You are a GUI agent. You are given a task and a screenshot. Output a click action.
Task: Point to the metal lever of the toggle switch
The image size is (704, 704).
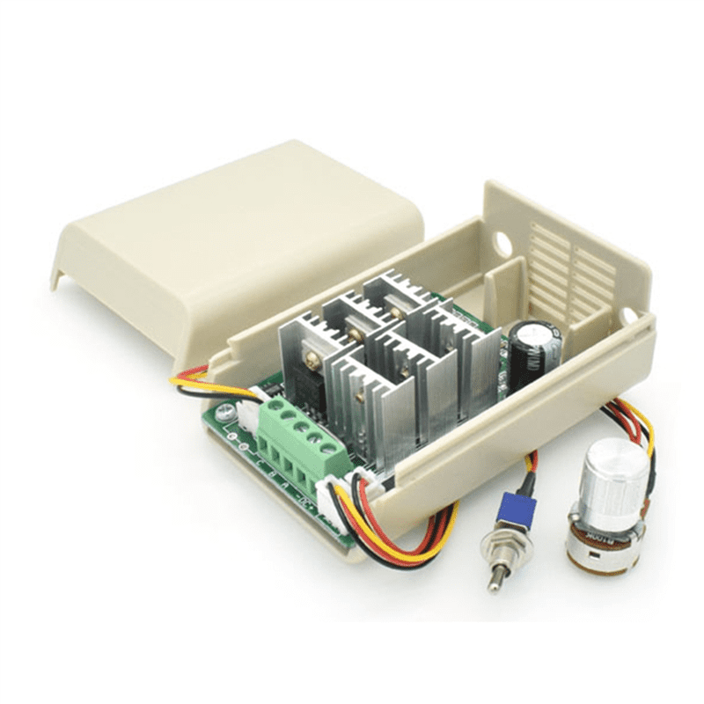pos(495,576)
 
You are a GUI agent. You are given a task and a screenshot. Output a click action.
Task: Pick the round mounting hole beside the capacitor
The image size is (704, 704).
pos(630,315)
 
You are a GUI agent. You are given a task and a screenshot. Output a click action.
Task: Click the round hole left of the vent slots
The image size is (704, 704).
pos(502,239)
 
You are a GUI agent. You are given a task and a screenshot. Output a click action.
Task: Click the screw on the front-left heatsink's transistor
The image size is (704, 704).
pos(310,358)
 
